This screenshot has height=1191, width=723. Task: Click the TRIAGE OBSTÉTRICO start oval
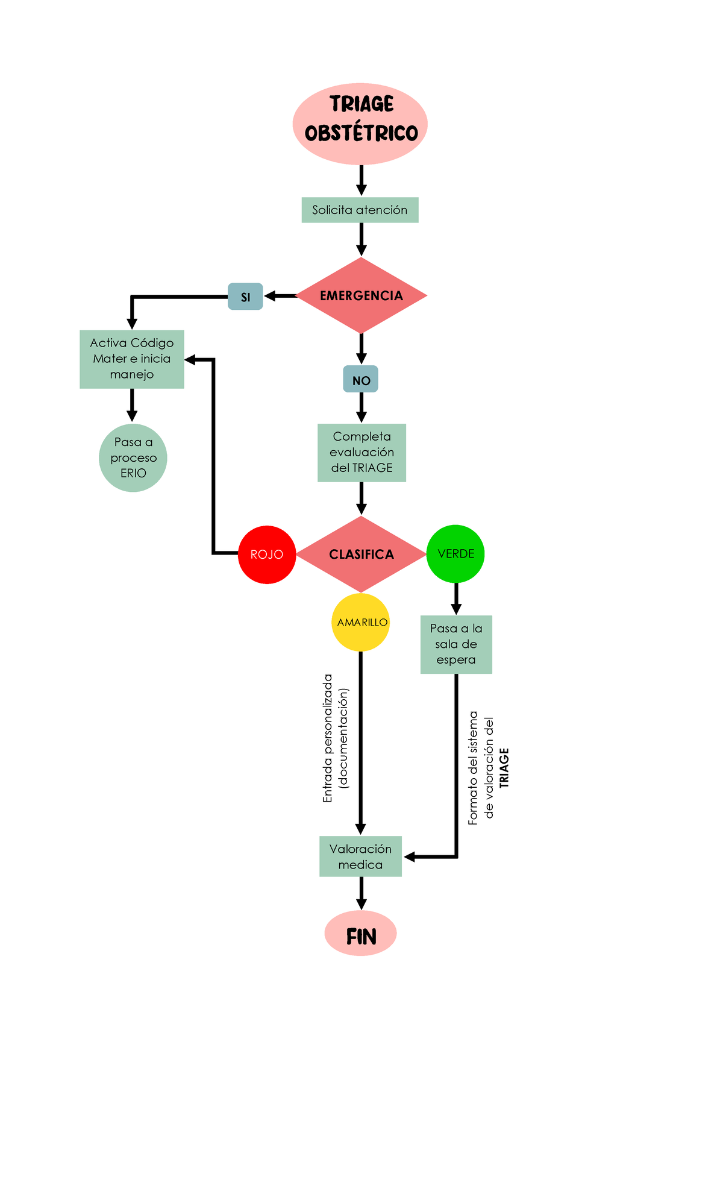click(360, 124)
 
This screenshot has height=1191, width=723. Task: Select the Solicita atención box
click(360, 210)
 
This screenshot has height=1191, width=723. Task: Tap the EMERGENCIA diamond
click(361, 295)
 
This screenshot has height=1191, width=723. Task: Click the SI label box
click(245, 297)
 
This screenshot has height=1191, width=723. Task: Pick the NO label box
click(361, 380)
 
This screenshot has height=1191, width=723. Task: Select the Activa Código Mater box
click(132, 359)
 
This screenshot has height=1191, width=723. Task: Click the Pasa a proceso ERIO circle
click(133, 457)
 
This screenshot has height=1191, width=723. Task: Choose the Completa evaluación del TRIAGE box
click(361, 452)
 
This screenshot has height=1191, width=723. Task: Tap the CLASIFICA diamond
click(361, 554)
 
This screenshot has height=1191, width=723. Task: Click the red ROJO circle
click(267, 554)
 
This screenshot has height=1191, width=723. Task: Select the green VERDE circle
click(455, 553)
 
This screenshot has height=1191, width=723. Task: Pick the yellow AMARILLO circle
click(361, 622)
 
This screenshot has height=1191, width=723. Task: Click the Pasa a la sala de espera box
click(456, 644)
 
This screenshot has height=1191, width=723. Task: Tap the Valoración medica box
click(360, 856)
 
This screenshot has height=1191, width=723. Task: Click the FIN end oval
click(360, 933)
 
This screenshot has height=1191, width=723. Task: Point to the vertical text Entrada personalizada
click(328, 738)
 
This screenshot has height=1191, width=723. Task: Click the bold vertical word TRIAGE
click(504, 767)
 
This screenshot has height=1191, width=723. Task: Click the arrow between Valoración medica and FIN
click(361, 893)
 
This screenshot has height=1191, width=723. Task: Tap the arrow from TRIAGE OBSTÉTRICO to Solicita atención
click(361, 180)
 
